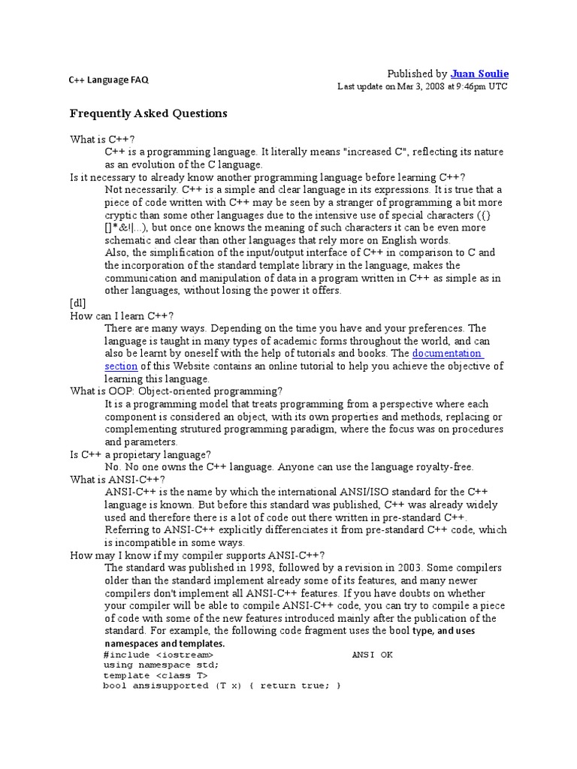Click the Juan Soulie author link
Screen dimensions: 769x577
479,74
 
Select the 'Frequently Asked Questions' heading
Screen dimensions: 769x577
148,113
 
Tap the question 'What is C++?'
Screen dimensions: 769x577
101,139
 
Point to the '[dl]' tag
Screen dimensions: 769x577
78,303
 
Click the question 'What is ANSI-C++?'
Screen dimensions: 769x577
116,479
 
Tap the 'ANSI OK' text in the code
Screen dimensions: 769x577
372,655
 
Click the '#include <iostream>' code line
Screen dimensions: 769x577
160,655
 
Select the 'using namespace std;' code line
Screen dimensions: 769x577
162,665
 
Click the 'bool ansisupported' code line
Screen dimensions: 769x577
222,686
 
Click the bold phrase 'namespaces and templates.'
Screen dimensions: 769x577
164,644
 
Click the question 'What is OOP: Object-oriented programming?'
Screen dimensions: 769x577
177,391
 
